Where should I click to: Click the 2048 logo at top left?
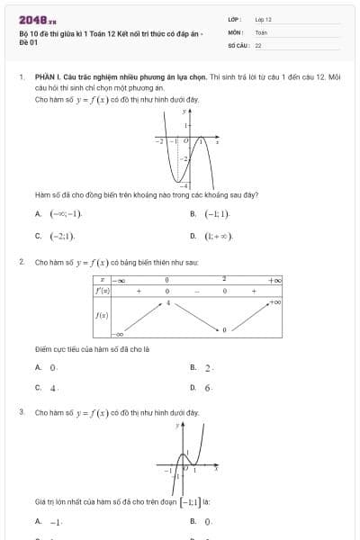point(38,20)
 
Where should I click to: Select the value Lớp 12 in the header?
point(263,19)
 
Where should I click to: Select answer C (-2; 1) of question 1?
point(61,236)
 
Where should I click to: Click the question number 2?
point(21,262)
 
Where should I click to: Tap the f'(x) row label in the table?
point(103,291)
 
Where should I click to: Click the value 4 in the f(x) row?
point(167,302)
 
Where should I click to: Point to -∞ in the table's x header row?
point(118,280)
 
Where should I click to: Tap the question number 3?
point(21,412)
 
